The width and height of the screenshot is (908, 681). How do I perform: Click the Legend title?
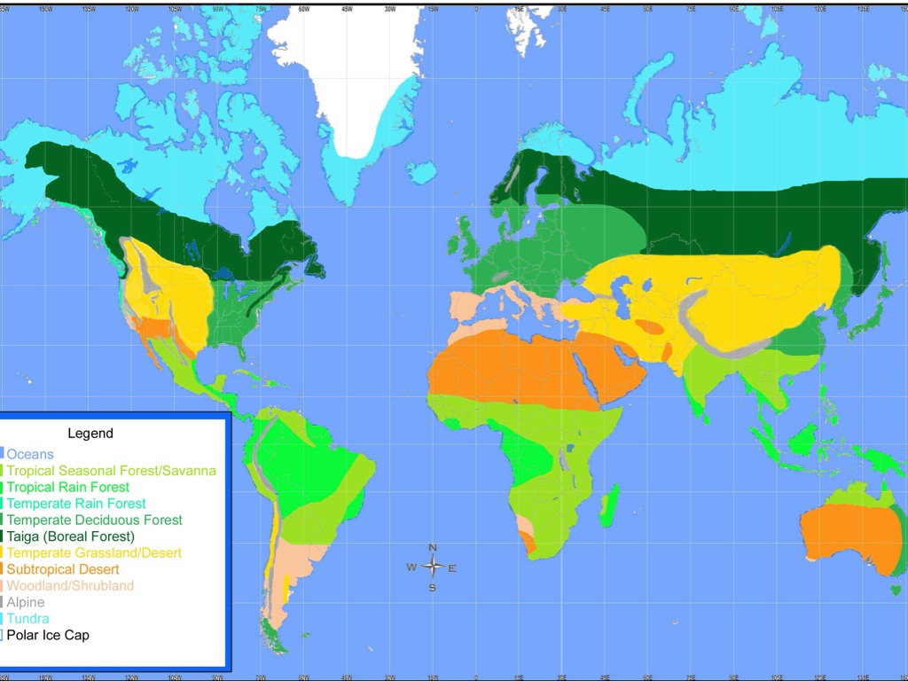[x=90, y=434]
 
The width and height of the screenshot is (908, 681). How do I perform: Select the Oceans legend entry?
[x=30, y=455]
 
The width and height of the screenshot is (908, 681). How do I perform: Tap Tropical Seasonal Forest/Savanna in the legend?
[x=111, y=471]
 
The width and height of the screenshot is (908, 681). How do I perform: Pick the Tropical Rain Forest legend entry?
[x=68, y=487]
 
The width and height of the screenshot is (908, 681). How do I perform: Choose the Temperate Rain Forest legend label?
[x=76, y=504]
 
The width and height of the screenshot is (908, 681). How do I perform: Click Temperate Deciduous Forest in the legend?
[x=94, y=520]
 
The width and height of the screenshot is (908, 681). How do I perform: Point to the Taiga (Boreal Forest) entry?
[x=71, y=536]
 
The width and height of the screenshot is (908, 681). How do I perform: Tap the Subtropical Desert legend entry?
[x=63, y=569]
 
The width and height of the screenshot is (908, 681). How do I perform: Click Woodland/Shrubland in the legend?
[x=70, y=586]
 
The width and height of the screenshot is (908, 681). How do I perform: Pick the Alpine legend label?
[x=26, y=602]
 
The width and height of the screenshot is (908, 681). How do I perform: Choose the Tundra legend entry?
[x=28, y=619]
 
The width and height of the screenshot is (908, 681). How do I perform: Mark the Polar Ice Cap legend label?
[x=48, y=635]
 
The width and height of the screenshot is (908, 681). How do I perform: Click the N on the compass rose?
[x=433, y=548]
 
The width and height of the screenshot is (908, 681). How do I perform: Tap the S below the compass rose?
[x=433, y=587]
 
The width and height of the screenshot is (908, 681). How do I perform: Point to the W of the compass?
[x=411, y=567]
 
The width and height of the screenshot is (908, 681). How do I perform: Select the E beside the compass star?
[x=452, y=568]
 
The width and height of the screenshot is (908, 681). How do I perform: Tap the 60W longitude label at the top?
[x=304, y=9]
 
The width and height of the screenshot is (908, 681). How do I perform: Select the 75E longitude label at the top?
[x=691, y=9]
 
